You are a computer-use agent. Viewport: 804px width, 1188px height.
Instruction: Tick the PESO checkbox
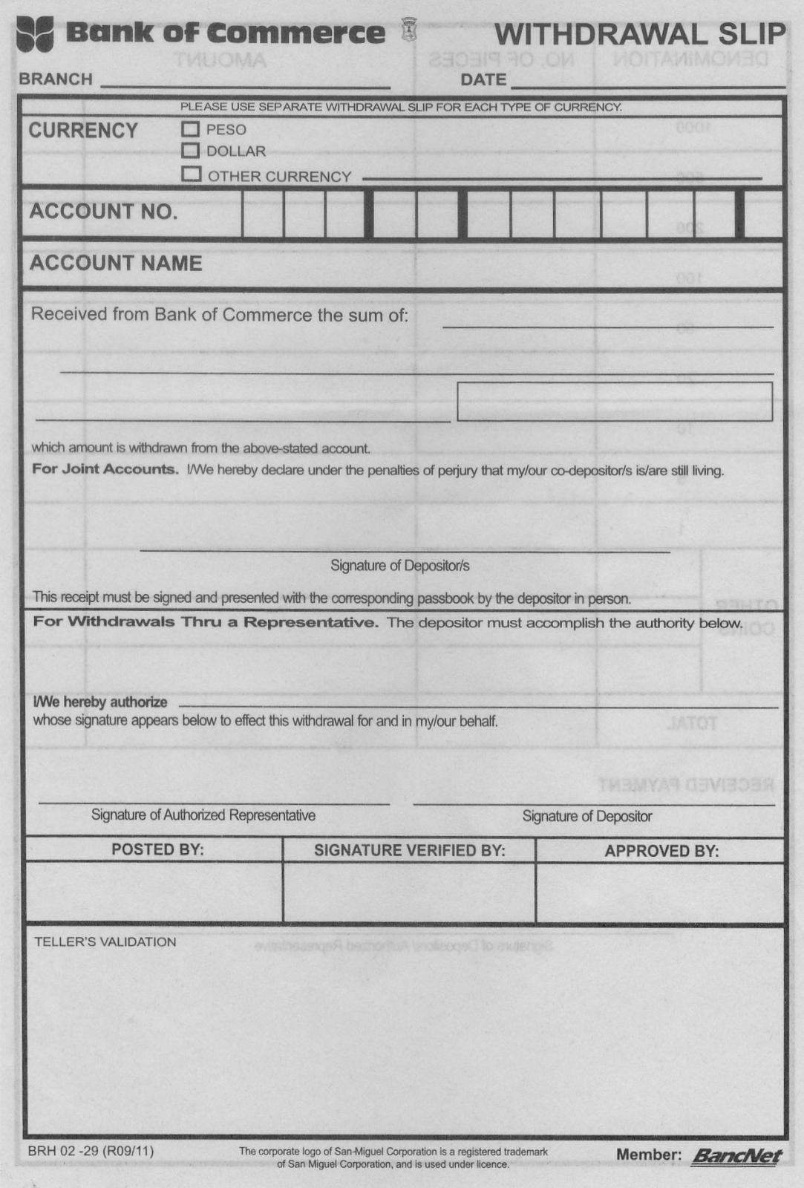(191, 129)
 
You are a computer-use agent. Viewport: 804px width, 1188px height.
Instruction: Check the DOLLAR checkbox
(191, 151)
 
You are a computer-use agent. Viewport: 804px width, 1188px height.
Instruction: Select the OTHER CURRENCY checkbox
(192, 174)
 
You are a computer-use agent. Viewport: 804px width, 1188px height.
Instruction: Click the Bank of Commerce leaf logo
(35, 34)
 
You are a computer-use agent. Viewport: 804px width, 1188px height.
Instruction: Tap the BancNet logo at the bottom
(736, 1156)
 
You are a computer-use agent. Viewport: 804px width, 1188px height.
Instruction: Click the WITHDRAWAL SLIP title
(639, 34)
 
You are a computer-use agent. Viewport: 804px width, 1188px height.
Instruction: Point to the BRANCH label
(56, 79)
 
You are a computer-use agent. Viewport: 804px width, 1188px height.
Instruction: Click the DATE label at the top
(483, 79)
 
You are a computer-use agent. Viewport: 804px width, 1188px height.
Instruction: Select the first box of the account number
(263, 214)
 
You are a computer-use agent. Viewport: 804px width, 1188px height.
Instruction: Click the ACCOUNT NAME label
(116, 264)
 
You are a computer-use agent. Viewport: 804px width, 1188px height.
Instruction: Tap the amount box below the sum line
(615, 401)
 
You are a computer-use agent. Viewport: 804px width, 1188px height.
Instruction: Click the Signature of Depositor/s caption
(400, 566)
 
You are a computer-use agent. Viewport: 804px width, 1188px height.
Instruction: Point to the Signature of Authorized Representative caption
(203, 815)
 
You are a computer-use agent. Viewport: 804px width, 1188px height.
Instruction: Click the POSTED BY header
(157, 850)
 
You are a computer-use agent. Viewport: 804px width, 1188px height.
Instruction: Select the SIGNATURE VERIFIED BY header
(409, 851)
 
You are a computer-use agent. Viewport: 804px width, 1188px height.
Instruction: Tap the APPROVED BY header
(661, 851)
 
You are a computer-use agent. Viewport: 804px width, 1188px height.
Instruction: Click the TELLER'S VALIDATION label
(105, 941)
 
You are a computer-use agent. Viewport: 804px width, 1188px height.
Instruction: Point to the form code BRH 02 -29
(91, 1151)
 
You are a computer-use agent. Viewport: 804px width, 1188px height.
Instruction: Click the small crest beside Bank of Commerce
(408, 30)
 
